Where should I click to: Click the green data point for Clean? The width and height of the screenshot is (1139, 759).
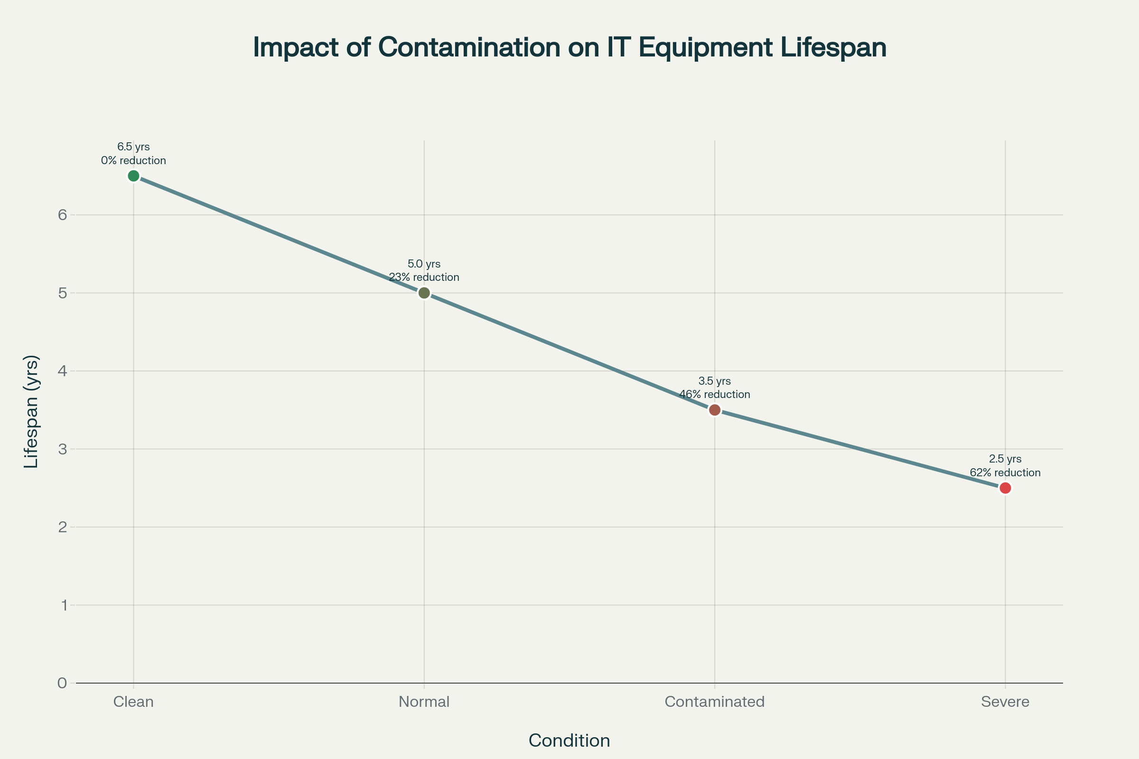134,176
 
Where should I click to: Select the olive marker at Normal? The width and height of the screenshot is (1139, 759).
424,293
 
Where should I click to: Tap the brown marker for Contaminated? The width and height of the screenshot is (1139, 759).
715,410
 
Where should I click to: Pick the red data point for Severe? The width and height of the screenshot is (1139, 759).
1005,488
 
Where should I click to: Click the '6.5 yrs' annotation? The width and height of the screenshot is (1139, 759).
134,147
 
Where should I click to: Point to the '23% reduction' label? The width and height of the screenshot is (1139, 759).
424,278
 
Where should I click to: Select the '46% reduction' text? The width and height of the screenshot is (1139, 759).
715,395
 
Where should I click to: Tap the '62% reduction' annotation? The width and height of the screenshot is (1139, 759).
1005,473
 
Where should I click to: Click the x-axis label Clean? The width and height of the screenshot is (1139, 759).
134,702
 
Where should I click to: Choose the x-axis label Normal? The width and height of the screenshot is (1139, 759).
424,702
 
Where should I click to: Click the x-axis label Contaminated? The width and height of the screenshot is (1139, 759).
715,702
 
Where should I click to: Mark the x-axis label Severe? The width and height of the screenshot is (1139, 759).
1005,702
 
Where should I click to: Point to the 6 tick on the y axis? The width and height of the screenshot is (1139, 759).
63,215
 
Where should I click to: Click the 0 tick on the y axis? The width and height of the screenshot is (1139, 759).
63,683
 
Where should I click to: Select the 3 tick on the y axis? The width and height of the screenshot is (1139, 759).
63,449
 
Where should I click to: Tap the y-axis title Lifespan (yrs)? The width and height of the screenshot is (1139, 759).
31,411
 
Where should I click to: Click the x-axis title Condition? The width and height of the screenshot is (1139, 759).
569,740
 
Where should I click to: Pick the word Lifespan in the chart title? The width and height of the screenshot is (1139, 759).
833,47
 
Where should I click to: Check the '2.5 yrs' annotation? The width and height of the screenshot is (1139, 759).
1005,459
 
